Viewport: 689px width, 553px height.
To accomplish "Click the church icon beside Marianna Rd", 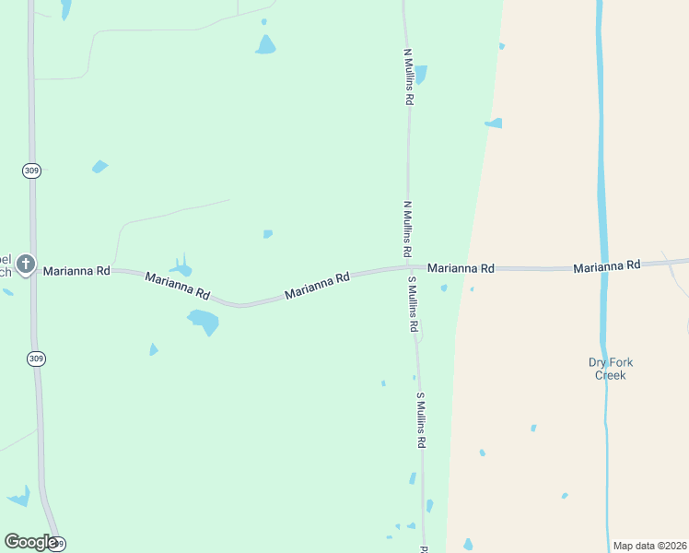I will [x=26, y=265].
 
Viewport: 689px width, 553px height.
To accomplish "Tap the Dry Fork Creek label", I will [x=610, y=369].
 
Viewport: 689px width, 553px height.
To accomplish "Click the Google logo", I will [x=29, y=542].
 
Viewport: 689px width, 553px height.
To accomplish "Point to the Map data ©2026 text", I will [x=649, y=546].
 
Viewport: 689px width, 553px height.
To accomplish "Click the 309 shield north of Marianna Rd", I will [x=32, y=171].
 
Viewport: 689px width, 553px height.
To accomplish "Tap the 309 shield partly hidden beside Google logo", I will [x=58, y=545].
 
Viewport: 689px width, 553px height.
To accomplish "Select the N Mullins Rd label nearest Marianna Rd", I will [x=407, y=229].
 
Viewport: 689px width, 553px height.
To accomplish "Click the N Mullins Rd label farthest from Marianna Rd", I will [x=407, y=76].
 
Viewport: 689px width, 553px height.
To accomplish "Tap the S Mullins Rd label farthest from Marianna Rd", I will [x=420, y=420].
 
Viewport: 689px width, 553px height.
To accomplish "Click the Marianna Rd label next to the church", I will [x=76, y=271].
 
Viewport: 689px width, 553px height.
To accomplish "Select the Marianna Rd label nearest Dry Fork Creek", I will [x=606, y=266].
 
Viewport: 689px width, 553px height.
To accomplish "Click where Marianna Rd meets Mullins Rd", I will [x=409, y=268].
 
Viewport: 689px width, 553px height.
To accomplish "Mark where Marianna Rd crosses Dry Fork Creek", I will [x=603, y=268].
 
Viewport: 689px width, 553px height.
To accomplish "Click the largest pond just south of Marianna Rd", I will [x=204, y=321].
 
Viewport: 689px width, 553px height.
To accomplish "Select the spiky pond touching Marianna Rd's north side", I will [x=182, y=267].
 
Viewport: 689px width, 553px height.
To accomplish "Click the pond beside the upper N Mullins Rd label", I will [x=421, y=74].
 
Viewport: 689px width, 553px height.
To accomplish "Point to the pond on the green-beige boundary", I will [x=495, y=123].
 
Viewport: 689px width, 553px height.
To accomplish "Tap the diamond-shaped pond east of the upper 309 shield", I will [x=99, y=167].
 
